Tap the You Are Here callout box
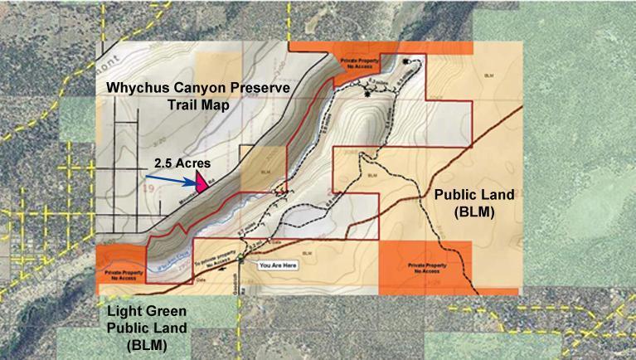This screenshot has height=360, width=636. point(277,266)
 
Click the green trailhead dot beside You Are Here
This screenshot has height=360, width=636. point(240,260)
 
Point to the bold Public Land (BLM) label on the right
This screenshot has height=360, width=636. point(475,202)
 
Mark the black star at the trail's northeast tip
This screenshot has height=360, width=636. point(405,63)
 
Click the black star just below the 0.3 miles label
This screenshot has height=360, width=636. point(368,95)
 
